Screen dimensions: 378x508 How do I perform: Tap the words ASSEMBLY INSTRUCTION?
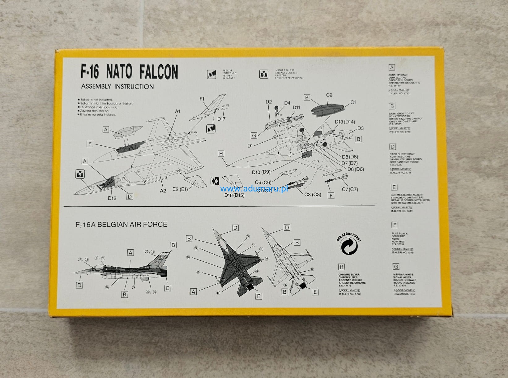(x=117, y=87)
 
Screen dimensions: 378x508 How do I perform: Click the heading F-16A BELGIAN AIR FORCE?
(x=122, y=224)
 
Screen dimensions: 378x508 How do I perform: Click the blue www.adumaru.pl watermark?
(x=254, y=189)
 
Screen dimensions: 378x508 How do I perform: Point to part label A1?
(x=177, y=111)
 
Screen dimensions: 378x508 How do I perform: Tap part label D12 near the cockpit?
(x=112, y=198)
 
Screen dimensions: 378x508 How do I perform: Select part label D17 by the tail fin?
(x=221, y=119)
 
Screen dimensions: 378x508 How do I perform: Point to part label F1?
(x=202, y=99)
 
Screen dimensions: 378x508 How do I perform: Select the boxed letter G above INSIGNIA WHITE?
(x=396, y=266)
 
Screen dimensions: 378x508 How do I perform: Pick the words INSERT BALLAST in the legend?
(x=284, y=71)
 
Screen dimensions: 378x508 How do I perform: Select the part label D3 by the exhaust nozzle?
(x=360, y=128)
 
